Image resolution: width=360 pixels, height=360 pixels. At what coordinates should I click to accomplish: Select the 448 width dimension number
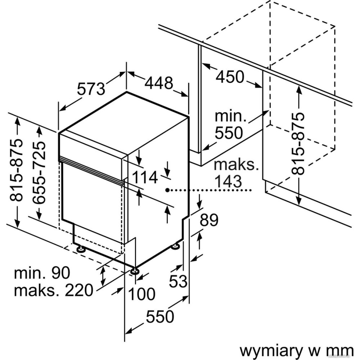point(159,84)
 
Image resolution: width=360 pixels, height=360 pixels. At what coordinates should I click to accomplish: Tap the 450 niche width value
point(230,77)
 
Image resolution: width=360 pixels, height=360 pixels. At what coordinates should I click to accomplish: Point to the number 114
point(145,177)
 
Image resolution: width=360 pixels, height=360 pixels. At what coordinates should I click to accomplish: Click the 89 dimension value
point(209,220)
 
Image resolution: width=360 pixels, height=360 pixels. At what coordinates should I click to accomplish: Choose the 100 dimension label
point(142,294)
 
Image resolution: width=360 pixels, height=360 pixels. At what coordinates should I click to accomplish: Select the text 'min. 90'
point(42,273)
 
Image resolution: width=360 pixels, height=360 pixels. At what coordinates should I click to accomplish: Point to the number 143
point(228,181)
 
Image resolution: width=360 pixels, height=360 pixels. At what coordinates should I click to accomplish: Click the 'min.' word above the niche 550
point(229,116)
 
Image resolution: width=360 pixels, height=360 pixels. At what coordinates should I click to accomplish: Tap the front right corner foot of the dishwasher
point(135,271)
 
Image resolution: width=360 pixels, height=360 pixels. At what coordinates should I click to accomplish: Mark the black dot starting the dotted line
point(167,189)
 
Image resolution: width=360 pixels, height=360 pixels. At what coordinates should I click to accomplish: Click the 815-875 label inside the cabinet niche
point(298,143)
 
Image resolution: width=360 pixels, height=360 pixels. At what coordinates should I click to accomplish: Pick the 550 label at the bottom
point(160,316)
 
